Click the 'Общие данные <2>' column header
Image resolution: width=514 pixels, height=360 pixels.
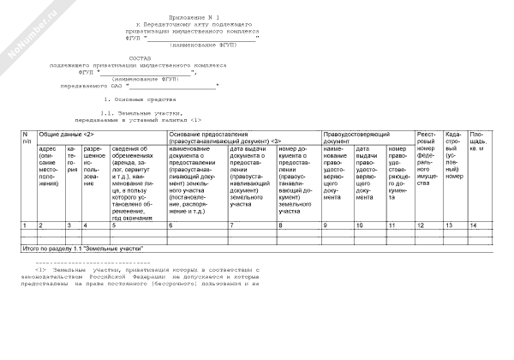62,135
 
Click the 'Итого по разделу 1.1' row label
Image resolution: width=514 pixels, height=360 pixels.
82,248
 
